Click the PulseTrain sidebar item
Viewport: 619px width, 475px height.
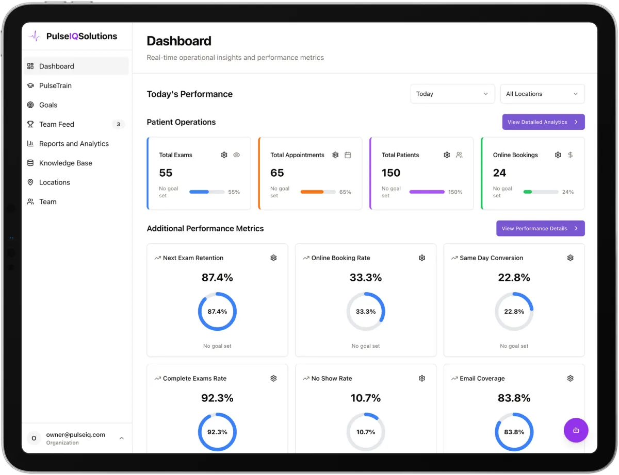(x=55, y=86)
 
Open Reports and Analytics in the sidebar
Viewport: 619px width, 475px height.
(x=74, y=144)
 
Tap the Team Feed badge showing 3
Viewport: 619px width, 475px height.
(x=118, y=124)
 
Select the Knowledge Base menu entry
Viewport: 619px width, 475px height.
(x=66, y=163)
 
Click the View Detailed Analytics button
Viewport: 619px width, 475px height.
(x=543, y=122)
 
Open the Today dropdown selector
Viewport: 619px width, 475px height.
(x=452, y=94)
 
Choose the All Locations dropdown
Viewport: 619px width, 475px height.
(x=542, y=94)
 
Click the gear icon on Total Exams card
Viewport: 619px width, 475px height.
(x=224, y=155)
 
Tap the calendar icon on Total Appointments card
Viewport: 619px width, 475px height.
(x=348, y=155)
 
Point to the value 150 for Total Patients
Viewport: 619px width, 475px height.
(x=391, y=173)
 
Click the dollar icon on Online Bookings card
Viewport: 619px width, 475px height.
(x=570, y=155)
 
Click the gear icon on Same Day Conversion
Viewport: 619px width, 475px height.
(x=570, y=258)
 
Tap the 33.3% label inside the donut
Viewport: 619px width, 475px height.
(x=366, y=312)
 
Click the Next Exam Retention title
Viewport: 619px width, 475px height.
(x=193, y=258)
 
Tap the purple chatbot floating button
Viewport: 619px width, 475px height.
(x=576, y=430)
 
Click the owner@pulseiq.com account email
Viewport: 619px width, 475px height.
(x=75, y=434)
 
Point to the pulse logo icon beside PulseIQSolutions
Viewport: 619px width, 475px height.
(x=35, y=37)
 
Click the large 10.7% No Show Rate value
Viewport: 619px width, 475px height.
(x=366, y=398)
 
